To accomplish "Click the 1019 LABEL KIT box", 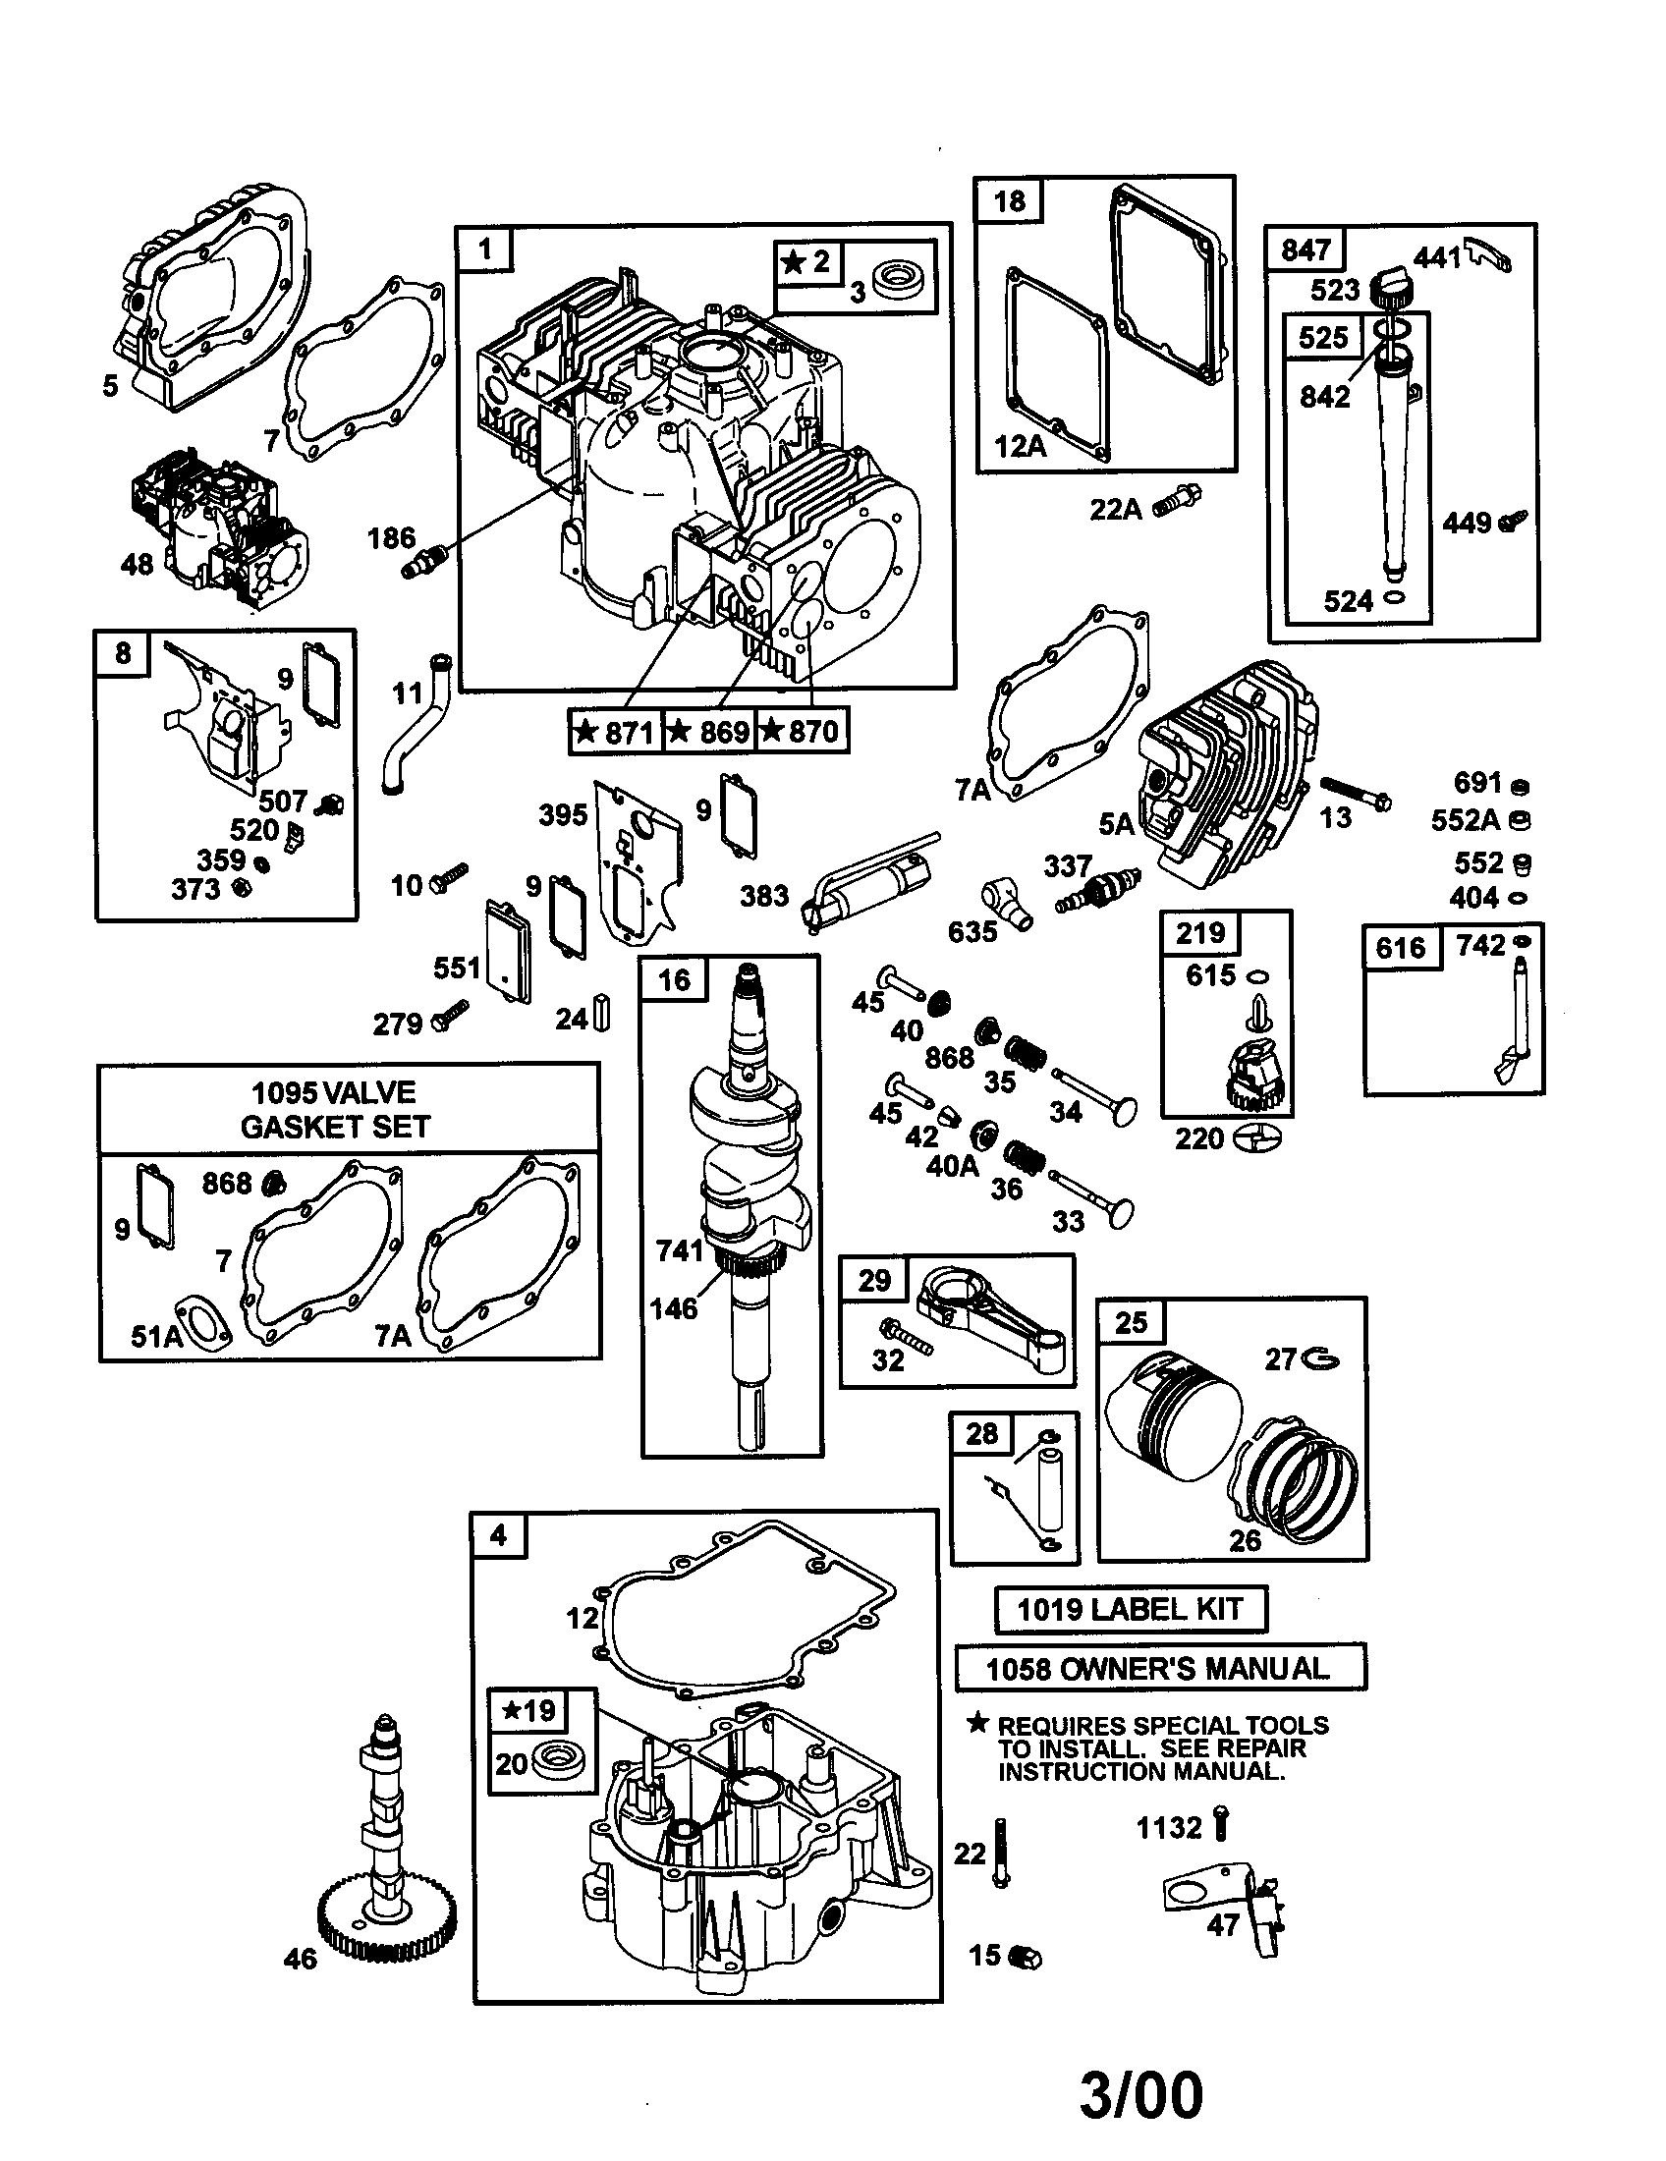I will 1130,1610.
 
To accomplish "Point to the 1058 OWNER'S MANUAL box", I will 1158,1669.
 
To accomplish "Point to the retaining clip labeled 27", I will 1321,1361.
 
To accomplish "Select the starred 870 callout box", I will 801,732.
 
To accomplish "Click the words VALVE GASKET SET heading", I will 334,1109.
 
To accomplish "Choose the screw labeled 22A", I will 1176,500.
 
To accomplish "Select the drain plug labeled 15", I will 1026,1956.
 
